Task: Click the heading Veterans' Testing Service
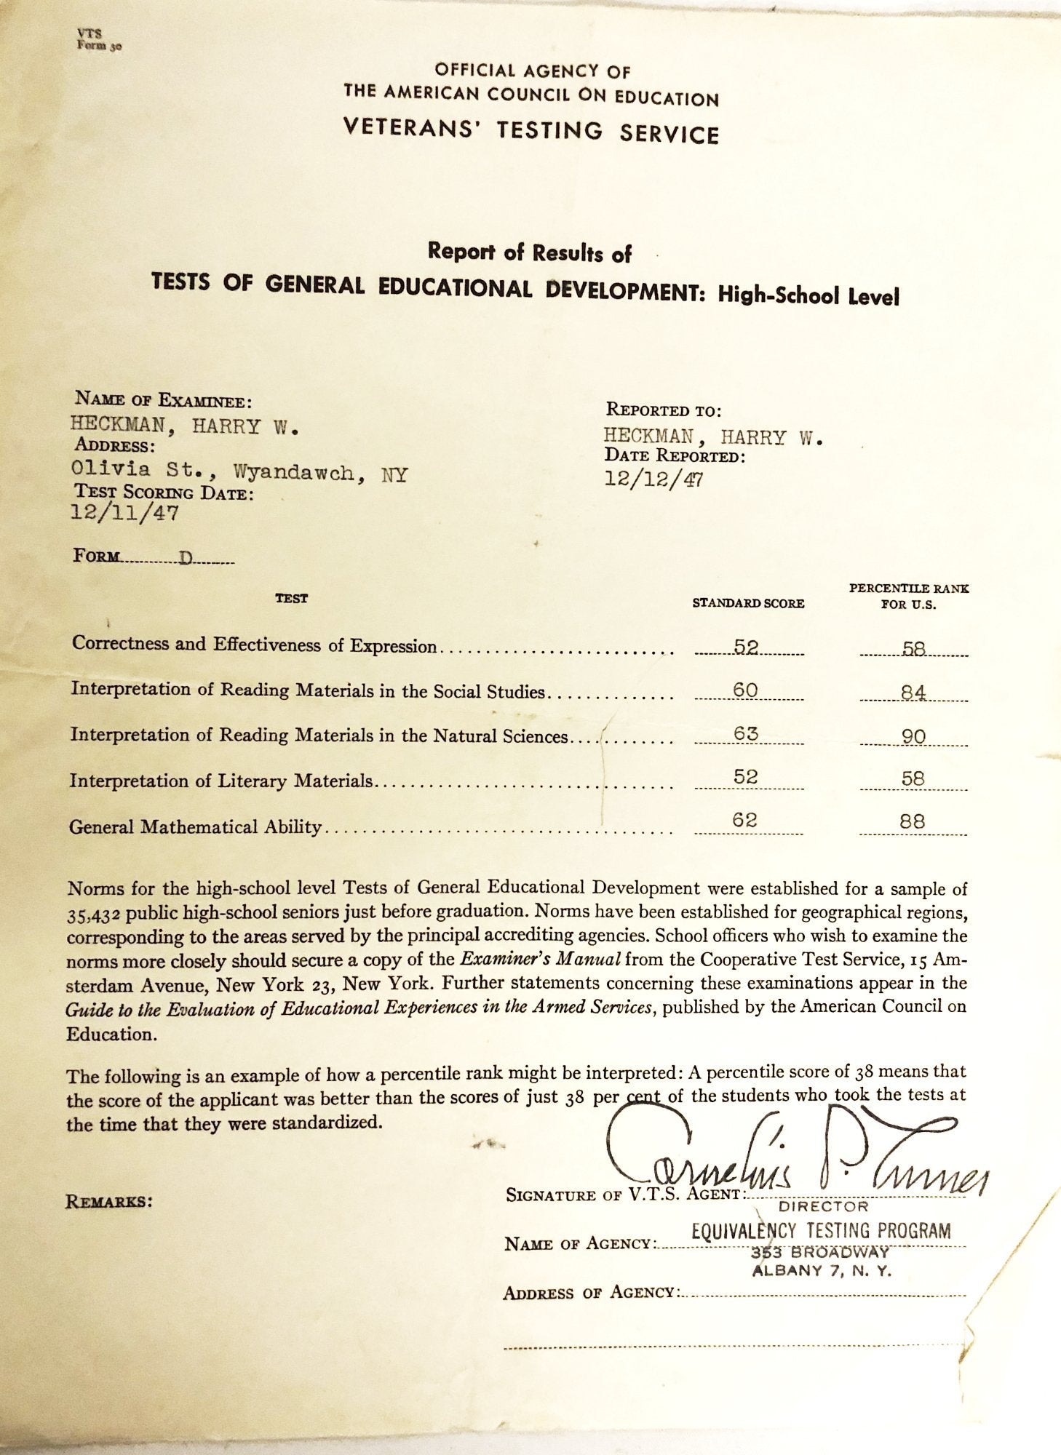[x=531, y=132]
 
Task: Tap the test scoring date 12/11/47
[x=124, y=513]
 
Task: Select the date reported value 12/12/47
[x=653, y=479]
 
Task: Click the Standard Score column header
[x=748, y=603]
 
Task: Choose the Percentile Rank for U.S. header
[x=909, y=597]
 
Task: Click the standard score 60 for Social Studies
[x=747, y=690]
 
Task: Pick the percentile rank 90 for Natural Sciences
[x=913, y=736]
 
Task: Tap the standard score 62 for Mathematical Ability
[x=746, y=821]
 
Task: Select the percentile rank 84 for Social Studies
[x=913, y=692]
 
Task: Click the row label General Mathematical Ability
[x=195, y=826]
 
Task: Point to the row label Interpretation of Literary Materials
[x=221, y=781]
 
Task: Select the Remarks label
[x=109, y=1201]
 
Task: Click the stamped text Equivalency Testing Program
[x=821, y=1231]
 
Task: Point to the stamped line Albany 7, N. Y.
[x=822, y=1271]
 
